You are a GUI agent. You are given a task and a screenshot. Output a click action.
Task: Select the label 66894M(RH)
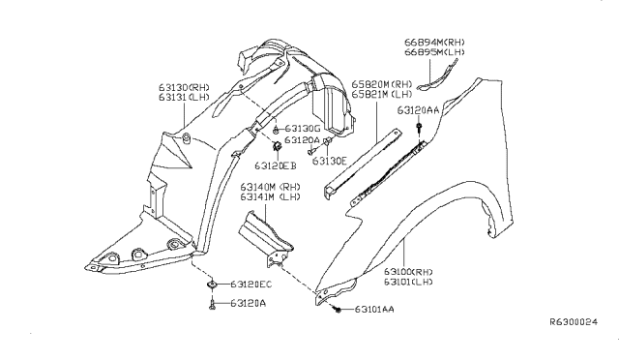pyautogui.click(x=436, y=43)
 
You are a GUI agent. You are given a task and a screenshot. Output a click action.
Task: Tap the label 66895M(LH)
pyautogui.click(x=436, y=53)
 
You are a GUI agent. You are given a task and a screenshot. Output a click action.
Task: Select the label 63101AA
pyautogui.click(x=371, y=310)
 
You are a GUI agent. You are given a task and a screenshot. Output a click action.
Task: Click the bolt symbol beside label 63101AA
pyautogui.click(x=336, y=309)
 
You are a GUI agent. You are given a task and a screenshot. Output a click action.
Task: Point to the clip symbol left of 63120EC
pyautogui.click(x=211, y=285)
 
